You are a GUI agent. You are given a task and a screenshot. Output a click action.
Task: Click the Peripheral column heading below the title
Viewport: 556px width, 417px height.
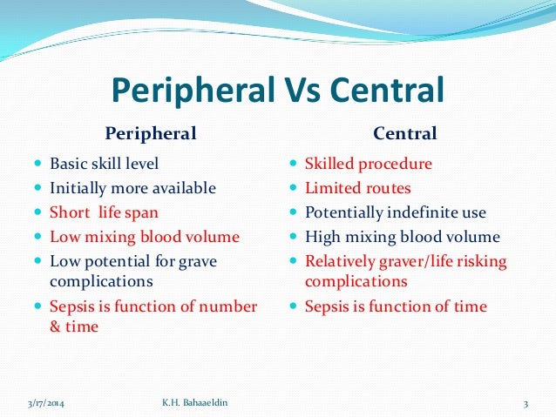point(150,133)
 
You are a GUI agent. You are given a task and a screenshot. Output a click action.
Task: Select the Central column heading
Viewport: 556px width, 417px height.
point(405,133)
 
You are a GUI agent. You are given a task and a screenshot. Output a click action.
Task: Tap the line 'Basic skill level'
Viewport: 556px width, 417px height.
point(105,163)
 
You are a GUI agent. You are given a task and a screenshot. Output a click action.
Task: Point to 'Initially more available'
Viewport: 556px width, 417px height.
point(132,187)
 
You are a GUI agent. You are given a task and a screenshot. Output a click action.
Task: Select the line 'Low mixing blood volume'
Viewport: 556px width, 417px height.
point(145,236)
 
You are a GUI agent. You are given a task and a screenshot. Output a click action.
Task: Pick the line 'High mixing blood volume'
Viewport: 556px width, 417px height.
point(402,236)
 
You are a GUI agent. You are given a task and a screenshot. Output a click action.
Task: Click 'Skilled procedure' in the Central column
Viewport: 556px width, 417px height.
point(367,163)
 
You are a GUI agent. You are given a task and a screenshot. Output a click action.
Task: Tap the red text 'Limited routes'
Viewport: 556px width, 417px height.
point(357,187)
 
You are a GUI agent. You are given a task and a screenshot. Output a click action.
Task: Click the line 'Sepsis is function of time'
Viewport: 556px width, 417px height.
point(396,306)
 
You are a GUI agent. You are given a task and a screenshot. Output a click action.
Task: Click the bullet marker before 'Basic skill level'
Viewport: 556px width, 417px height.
point(35,163)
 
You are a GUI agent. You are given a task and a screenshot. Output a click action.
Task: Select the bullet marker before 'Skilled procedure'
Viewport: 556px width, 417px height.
point(293,163)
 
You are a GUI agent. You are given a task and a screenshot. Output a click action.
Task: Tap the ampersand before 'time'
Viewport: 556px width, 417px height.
point(55,326)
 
